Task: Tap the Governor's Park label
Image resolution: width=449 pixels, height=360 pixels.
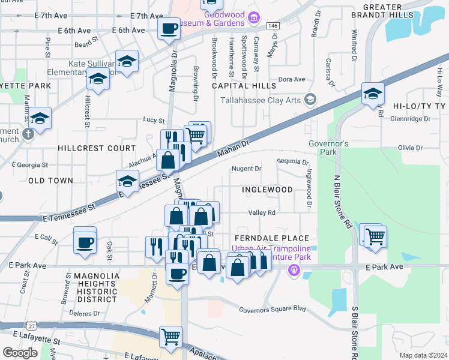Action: [328, 148]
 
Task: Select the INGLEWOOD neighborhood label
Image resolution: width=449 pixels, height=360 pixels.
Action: [267, 190]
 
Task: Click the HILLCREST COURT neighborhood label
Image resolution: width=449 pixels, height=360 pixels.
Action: [89, 148]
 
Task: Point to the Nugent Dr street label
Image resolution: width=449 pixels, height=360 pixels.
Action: [247, 169]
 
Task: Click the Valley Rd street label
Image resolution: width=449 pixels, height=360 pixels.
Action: [262, 212]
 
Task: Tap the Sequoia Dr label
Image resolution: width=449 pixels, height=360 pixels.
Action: [292, 162]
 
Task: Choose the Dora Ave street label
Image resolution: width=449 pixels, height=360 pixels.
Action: [292, 79]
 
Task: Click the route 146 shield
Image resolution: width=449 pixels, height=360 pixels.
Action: [273, 26]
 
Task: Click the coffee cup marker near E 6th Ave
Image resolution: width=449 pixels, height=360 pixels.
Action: [169, 28]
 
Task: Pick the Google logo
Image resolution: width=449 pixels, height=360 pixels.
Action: [20, 353]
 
